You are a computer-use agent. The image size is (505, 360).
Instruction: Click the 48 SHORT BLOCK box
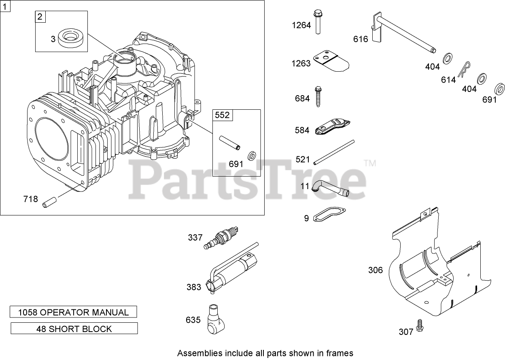[x=74, y=328]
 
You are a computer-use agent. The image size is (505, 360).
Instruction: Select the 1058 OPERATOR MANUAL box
[x=74, y=312]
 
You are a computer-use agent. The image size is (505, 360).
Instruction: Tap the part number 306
[x=375, y=270]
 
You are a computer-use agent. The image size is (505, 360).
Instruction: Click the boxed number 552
[x=222, y=115]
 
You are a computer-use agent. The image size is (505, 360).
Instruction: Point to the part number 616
[x=360, y=39]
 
